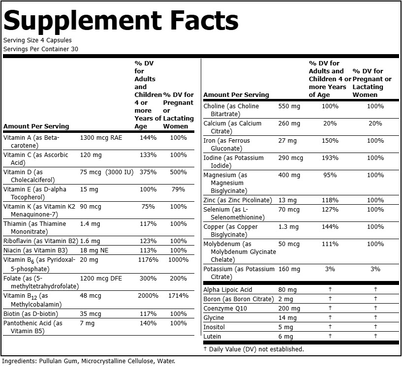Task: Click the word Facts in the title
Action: pyautogui.click(x=204, y=21)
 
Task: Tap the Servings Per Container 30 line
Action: pyautogui.click(x=41, y=49)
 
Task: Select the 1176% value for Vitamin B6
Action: pyautogui.click(x=148, y=260)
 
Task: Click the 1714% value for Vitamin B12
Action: pyautogui.click(x=179, y=296)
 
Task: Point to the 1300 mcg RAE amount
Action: pyautogui.click(x=101, y=138)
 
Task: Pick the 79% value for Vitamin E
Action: pyautogui.click(x=179, y=189)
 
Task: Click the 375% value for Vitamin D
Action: pyautogui.click(x=148, y=172)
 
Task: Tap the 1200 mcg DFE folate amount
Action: pyautogui.click(x=101, y=279)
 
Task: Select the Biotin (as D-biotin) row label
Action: pyautogui.click(x=31, y=314)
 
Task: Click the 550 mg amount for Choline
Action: pyautogui.click(x=289, y=106)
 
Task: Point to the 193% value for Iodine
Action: pyautogui.click(x=330, y=158)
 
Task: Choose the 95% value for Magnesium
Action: pyautogui.click(x=330, y=175)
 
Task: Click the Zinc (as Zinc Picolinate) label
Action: pyautogui.click(x=238, y=200)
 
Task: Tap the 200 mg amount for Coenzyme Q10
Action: pyautogui.click(x=289, y=309)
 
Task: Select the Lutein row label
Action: pyautogui.click(x=212, y=336)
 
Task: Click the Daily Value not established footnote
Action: pyautogui.click(x=254, y=349)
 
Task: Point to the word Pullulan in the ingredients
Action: pyautogui.click(x=50, y=361)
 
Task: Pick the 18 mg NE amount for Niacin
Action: pyautogui.click(x=94, y=250)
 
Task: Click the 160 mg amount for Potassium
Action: pyautogui.click(x=289, y=269)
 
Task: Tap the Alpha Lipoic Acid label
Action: pyautogui.click(x=228, y=290)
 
